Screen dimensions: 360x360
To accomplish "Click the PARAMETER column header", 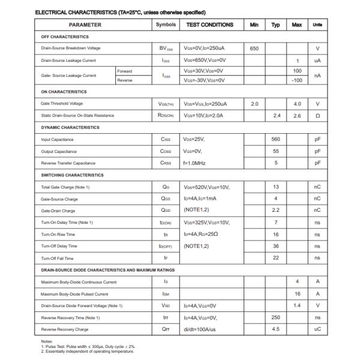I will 85,25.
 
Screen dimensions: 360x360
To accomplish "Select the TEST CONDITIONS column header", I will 209,25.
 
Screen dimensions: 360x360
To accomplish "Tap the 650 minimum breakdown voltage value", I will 254,48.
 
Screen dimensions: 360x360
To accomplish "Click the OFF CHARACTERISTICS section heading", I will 64,37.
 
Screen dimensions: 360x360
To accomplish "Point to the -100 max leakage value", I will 296,80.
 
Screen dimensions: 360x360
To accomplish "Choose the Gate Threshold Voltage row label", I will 62,104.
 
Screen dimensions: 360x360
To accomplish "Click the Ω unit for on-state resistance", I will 317,115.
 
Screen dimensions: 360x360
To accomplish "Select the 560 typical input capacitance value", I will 275,139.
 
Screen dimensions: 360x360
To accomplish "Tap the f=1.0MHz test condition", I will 198,163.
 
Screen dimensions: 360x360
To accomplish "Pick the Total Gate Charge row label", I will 67,187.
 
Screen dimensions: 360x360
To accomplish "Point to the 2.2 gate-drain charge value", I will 275,211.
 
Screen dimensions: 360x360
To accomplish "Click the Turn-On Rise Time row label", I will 58,235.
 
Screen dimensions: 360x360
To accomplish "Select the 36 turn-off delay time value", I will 275,246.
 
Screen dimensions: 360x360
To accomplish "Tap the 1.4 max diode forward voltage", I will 296,305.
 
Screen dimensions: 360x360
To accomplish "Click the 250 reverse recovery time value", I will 275,317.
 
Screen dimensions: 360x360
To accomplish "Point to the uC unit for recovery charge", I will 317,329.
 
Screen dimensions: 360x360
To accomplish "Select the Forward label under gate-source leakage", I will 125,71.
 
